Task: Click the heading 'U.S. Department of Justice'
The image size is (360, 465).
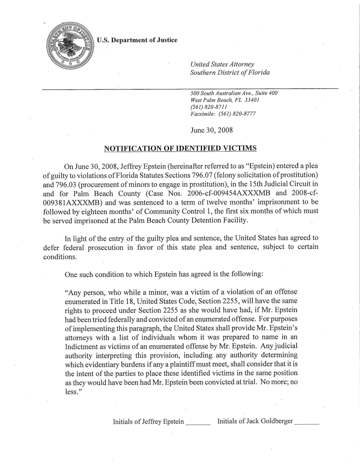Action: coord(137,41)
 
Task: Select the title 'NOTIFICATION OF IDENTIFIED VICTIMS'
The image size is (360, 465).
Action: coord(180,148)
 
